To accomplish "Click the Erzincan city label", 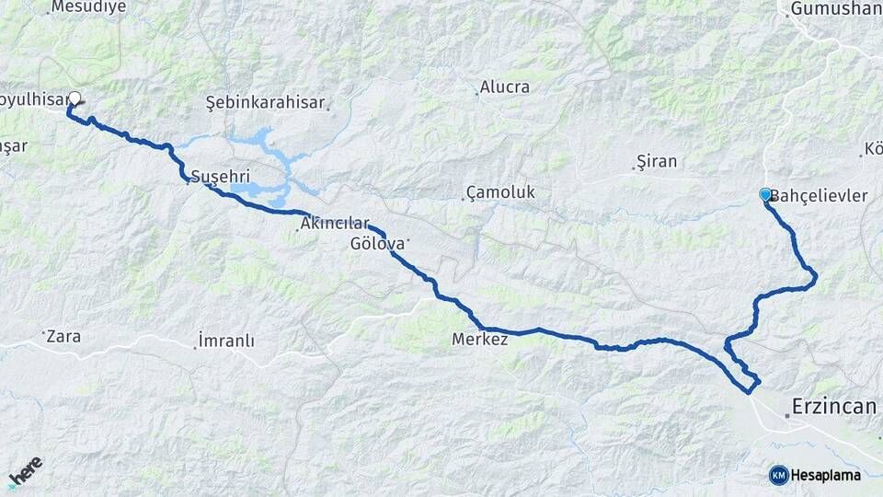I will (834, 406).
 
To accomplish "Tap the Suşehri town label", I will (220, 176).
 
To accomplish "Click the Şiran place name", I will (659, 162).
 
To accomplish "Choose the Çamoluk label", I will (500, 192).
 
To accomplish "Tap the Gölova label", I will (378, 244).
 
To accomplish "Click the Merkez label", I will (480, 340).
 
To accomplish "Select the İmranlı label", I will (226, 341).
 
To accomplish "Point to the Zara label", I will (63, 337).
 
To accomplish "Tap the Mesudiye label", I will (87, 7).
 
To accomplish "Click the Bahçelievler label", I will (819, 196).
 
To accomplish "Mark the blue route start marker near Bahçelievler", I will (764, 194).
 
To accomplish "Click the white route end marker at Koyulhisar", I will (75, 98).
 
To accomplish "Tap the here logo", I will (26, 471).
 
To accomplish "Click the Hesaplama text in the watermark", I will (826, 475).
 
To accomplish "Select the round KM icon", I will (778, 475).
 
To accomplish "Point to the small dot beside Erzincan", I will (787, 416).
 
